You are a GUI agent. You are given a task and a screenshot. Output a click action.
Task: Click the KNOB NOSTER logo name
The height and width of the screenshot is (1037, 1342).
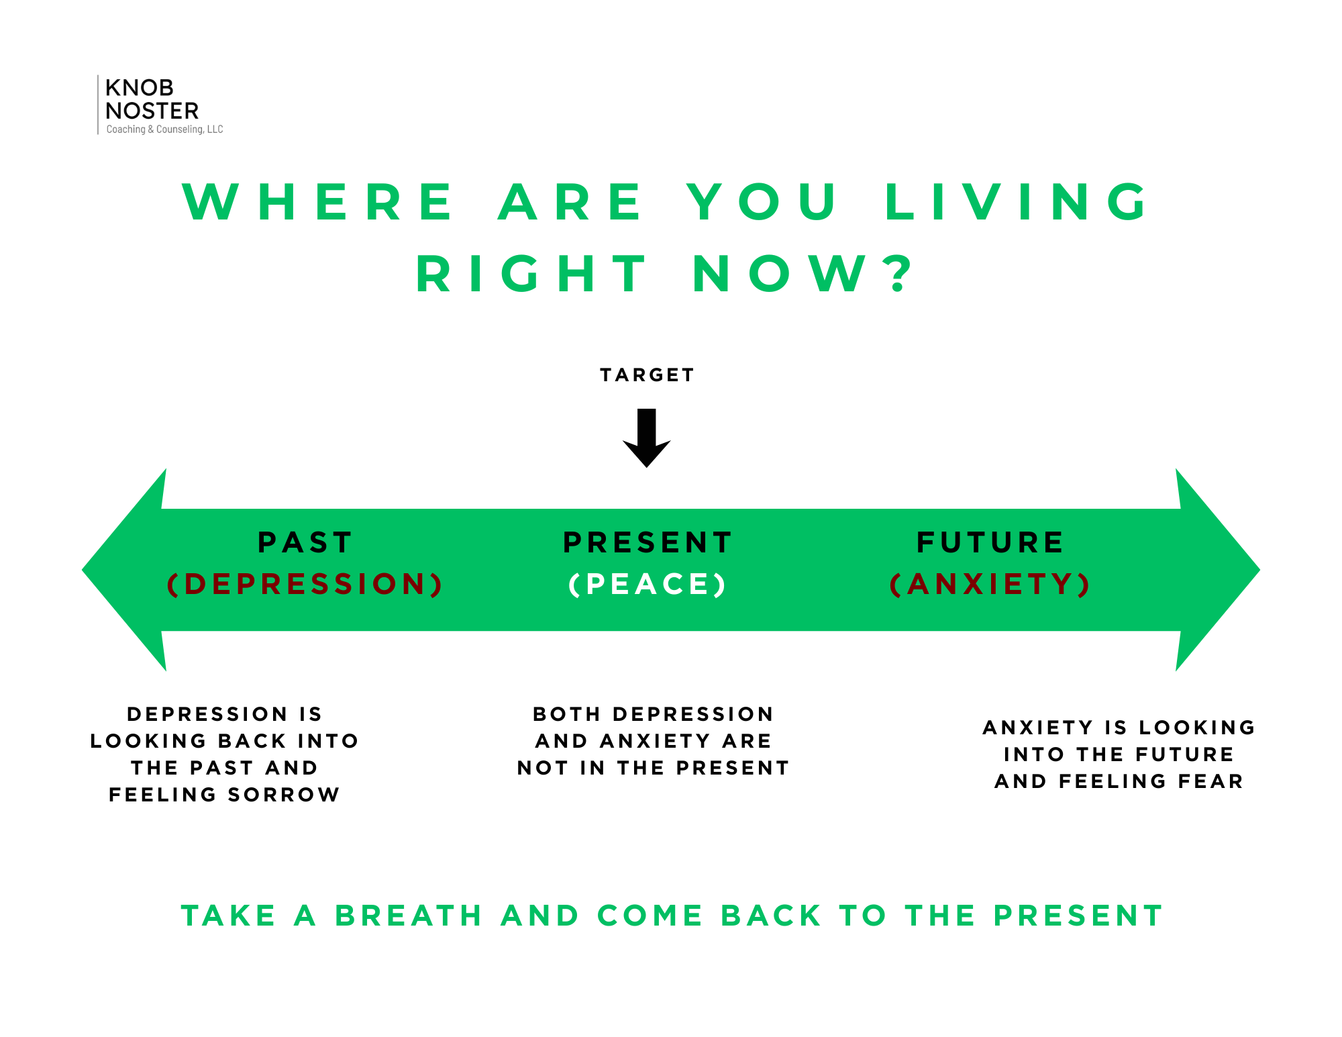(x=152, y=99)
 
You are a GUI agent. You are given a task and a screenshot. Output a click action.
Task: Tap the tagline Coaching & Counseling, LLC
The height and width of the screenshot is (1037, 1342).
(x=164, y=130)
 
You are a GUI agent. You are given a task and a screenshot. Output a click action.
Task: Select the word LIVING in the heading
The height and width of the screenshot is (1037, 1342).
(x=1017, y=202)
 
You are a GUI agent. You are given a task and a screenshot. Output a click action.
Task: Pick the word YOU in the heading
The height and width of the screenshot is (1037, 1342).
(x=762, y=202)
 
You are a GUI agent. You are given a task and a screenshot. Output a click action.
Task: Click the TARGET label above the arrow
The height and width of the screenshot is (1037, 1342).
(x=647, y=375)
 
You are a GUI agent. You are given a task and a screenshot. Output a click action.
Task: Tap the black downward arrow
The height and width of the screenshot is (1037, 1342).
(x=647, y=438)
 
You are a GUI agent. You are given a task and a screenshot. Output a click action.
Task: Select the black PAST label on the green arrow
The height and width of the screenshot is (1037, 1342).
(x=305, y=542)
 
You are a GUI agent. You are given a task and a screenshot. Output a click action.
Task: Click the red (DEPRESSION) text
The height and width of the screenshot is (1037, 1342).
(x=305, y=584)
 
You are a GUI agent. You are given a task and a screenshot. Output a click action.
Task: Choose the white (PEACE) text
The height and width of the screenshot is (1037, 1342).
(x=648, y=584)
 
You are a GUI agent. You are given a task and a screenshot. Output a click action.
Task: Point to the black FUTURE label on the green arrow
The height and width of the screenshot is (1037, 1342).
(x=990, y=542)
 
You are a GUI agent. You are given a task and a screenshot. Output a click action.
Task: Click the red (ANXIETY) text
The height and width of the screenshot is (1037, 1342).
(x=990, y=584)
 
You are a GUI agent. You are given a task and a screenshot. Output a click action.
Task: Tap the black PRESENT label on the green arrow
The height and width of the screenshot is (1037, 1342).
(x=648, y=542)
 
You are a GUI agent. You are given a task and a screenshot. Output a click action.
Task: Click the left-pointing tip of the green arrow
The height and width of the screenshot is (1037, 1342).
(x=82, y=570)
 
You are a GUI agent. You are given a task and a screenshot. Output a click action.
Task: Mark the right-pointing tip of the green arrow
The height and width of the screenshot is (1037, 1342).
(x=1260, y=570)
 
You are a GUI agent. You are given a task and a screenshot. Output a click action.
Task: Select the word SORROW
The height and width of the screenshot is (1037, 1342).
(x=284, y=795)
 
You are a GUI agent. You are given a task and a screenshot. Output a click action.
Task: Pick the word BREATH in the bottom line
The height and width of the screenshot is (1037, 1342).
(x=409, y=916)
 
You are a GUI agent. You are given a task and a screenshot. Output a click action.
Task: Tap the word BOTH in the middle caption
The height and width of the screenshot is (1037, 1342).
(x=566, y=714)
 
